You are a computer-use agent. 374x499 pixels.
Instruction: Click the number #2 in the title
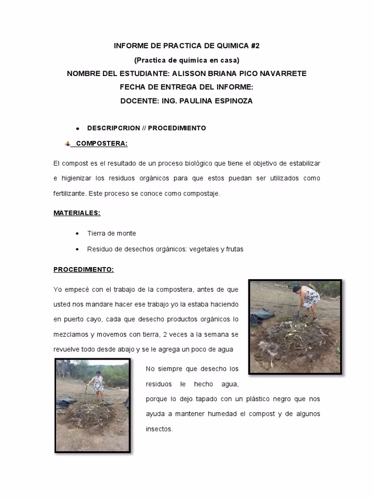click(x=255, y=46)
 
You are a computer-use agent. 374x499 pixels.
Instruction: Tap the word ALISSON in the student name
click(x=187, y=74)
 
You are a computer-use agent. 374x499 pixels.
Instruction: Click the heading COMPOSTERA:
click(x=102, y=143)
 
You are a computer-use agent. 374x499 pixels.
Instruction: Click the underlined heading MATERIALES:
click(x=77, y=213)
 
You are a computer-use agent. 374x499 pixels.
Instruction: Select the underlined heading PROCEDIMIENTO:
click(x=83, y=269)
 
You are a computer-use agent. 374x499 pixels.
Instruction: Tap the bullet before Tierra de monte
click(x=77, y=234)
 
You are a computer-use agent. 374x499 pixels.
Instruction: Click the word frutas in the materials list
click(x=234, y=249)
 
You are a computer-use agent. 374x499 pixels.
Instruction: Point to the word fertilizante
click(x=70, y=193)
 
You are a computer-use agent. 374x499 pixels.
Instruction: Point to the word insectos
click(x=159, y=429)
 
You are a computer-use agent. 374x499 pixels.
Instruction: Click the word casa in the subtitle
click(x=228, y=60)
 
